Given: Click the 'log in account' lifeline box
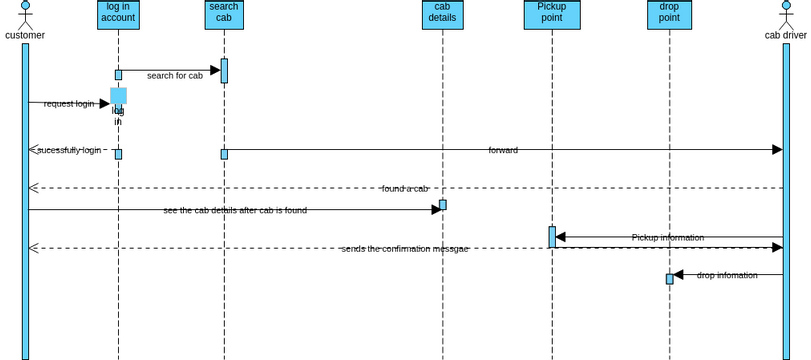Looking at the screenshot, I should pos(118,14).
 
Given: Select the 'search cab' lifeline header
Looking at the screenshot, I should pos(224,14).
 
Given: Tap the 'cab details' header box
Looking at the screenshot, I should pos(442,14).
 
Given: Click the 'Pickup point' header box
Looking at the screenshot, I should pos(551,14).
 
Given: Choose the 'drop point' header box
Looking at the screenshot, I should pos(669,14).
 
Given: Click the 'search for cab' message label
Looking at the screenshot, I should pos(175,76).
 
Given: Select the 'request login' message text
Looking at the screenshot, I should pos(69,104).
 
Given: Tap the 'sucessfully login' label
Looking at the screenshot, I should pos(69,150).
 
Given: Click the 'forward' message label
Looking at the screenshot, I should pos(503,150).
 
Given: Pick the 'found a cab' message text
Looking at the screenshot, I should pos(405,188).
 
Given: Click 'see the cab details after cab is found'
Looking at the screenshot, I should pos(235,210).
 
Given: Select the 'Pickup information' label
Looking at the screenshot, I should pos(667,237).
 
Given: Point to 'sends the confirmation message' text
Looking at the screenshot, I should pos(404,248).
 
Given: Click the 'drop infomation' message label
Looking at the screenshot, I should pos(727,274).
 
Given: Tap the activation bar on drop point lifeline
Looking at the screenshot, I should pos(669,279).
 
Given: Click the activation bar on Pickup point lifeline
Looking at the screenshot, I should pos(551,237).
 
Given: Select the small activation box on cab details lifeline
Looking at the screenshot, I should pos(442,205).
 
